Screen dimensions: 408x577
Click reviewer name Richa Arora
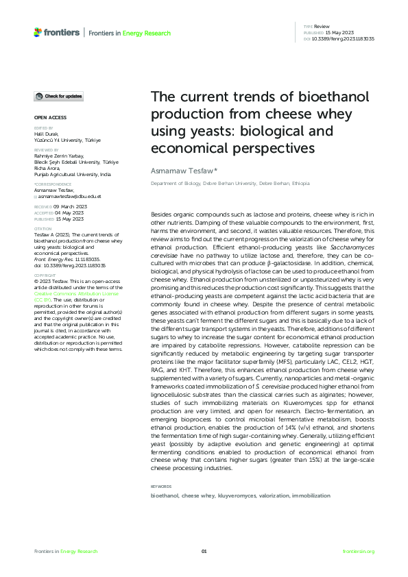[47, 169]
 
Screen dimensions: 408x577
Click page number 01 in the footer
[204, 552]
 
